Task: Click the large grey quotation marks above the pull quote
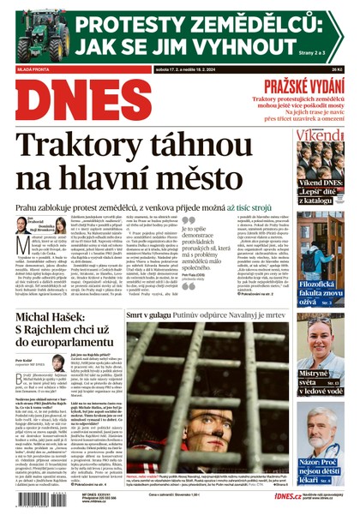click(x=188, y=224)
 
